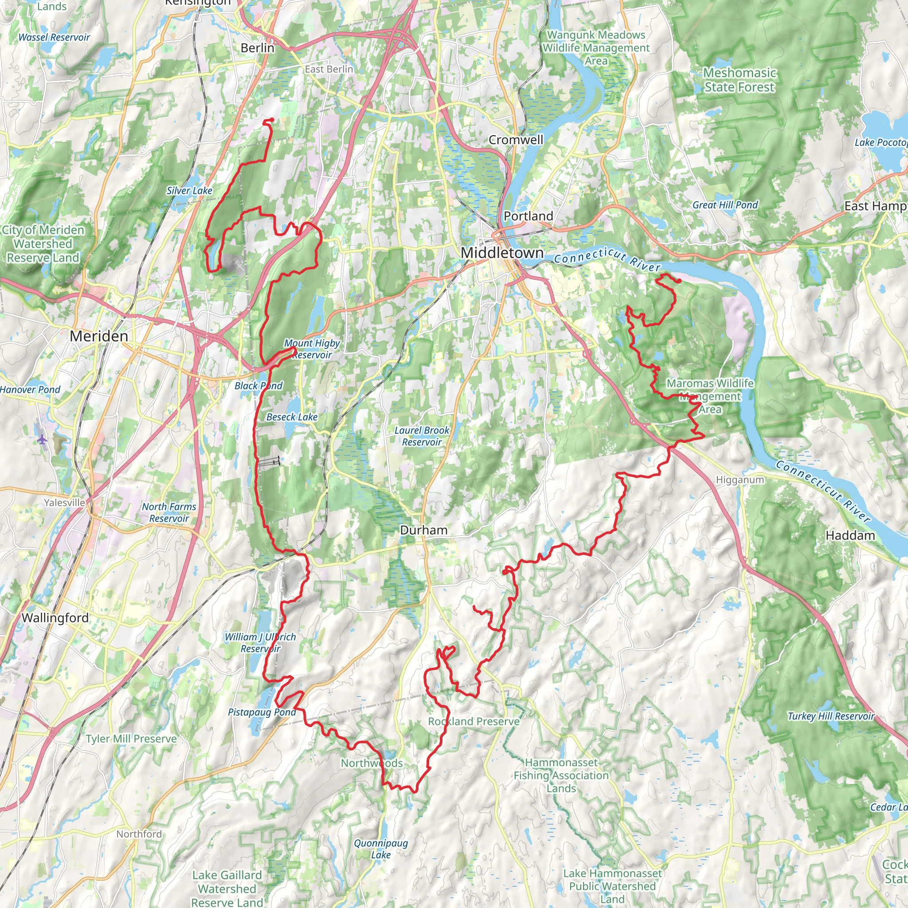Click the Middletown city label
(502, 252)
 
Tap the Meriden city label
(99, 336)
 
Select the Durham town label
(423, 530)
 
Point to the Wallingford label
(55, 618)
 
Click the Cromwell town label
(516, 140)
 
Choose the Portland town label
(528, 216)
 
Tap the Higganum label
(740, 480)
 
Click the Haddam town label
(850, 535)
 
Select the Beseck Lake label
(292, 417)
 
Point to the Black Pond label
(258, 386)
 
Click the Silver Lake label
(189, 190)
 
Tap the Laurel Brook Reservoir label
(422, 436)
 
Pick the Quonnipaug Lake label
(381, 849)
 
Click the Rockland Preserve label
(474, 721)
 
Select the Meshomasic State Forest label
(739, 80)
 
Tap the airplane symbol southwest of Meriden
(42, 439)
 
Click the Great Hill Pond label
(725, 205)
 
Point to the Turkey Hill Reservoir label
(831, 716)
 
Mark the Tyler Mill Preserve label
(131, 739)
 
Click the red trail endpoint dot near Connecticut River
(679, 281)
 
